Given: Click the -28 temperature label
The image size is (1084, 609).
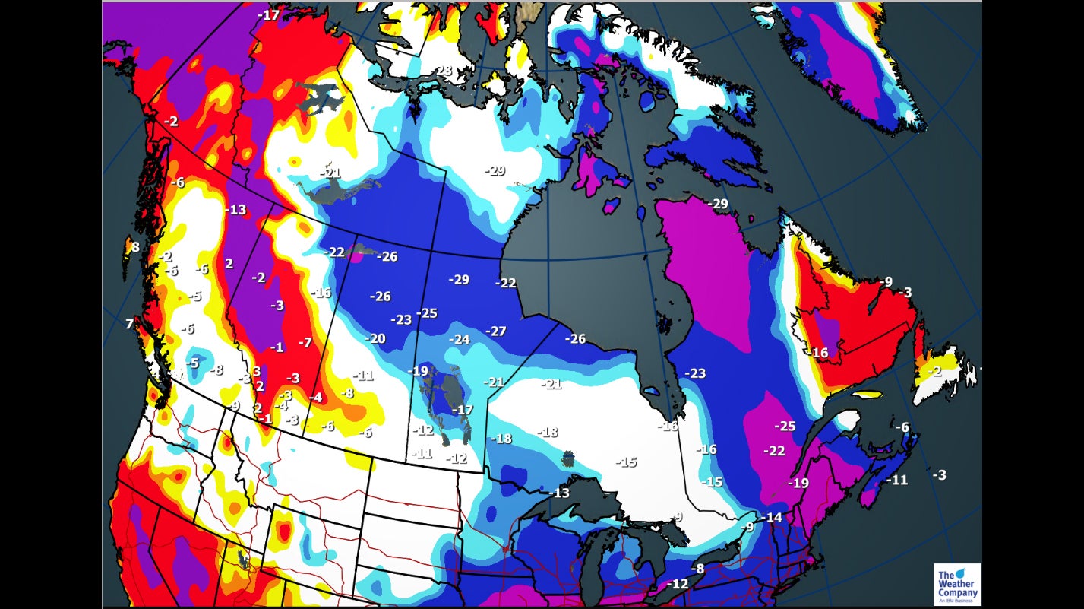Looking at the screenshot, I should [x=442, y=71].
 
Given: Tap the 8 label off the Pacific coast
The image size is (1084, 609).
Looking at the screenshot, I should [x=135, y=247].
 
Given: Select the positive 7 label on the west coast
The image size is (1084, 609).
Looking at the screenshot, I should [x=129, y=325].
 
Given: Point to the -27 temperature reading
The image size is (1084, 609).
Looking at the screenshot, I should [x=495, y=331].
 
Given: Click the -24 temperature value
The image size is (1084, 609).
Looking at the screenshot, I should [x=459, y=339].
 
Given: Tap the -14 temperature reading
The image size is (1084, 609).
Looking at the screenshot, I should [x=772, y=518].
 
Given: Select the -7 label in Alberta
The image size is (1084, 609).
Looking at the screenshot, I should [x=305, y=343].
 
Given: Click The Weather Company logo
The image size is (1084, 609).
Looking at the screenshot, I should [x=956, y=584].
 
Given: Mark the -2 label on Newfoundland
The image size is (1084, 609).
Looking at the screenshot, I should [x=934, y=371].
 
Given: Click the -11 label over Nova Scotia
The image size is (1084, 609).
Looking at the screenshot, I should [x=897, y=480].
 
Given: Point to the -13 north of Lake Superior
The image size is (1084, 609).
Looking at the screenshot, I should [x=558, y=493].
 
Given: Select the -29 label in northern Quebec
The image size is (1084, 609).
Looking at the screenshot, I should [x=717, y=204].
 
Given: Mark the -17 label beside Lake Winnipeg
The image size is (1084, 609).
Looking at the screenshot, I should [x=463, y=410].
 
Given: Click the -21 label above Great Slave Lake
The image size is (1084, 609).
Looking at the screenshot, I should [x=330, y=173].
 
